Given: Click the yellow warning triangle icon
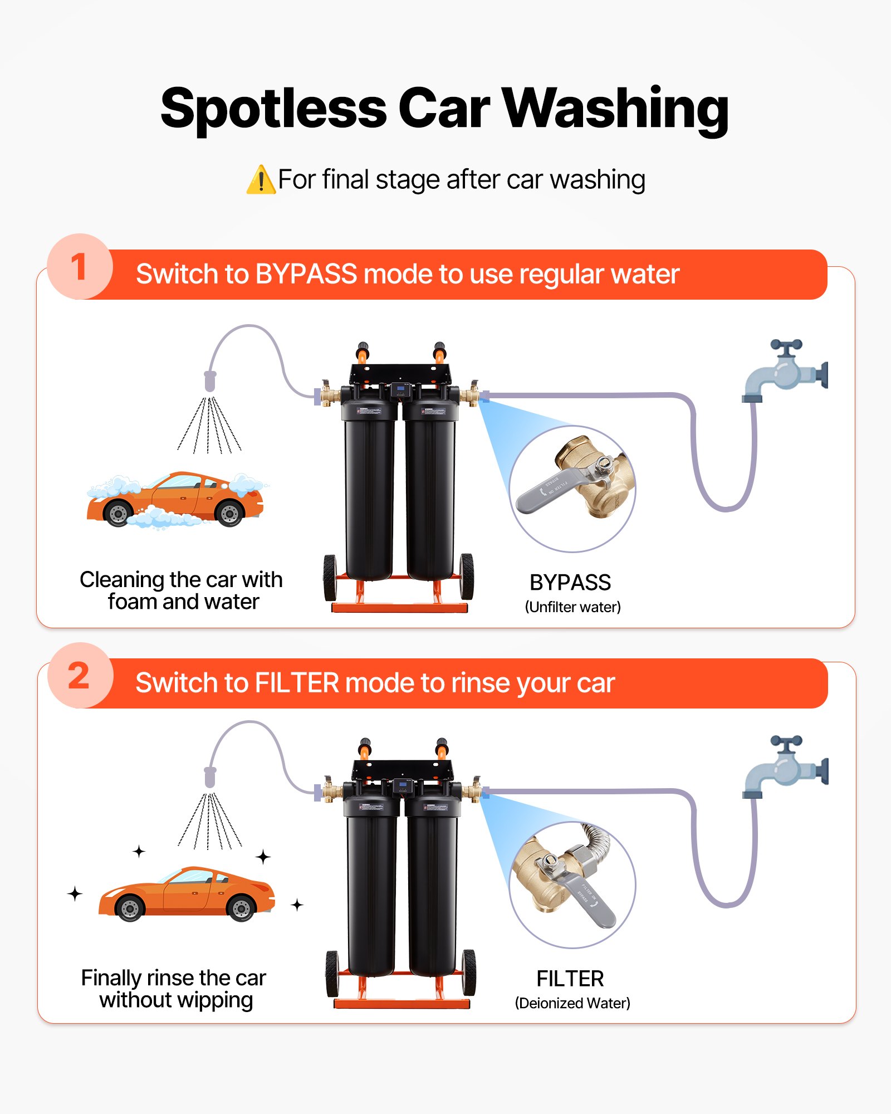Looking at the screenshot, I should pyautogui.click(x=261, y=180).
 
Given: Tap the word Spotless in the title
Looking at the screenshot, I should pyautogui.click(x=273, y=109).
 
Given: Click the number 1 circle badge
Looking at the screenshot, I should pyautogui.click(x=80, y=267).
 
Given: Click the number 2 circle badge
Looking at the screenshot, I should pyautogui.click(x=80, y=676).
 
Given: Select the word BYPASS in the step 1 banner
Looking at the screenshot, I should pyautogui.click(x=306, y=274).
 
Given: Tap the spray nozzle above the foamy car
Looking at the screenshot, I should pyautogui.click(x=210, y=381).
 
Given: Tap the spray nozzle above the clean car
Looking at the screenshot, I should pyautogui.click(x=210, y=777).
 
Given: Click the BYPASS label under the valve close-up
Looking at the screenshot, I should pyautogui.click(x=570, y=583).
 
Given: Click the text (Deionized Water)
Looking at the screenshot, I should pyautogui.click(x=572, y=1003).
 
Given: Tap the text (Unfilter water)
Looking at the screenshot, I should pyautogui.click(x=572, y=607).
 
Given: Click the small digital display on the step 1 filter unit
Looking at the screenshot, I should pyautogui.click(x=401, y=389).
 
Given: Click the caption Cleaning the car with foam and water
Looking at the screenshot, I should pyautogui.click(x=182, y=590).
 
